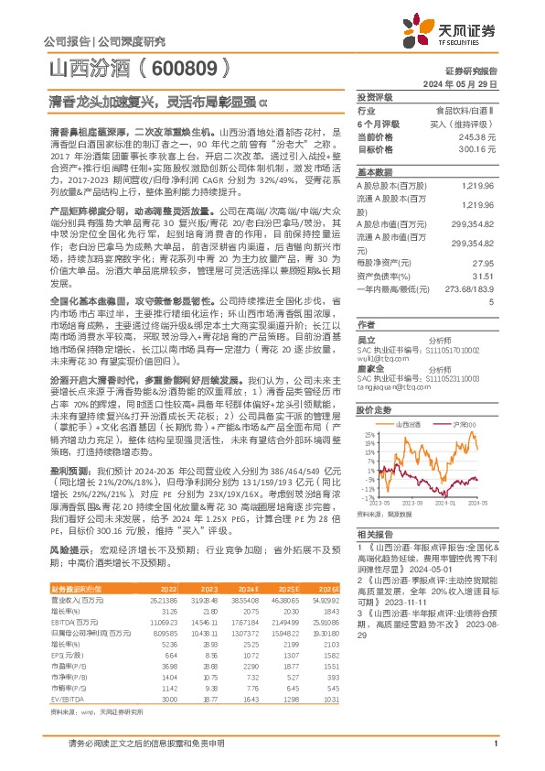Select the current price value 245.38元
tap(479, 136)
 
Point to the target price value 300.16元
tap(479, 147)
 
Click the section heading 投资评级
tap(374, 98)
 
